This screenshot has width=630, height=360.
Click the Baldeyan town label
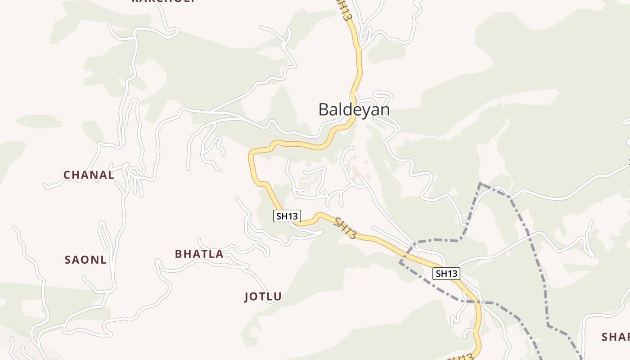point(354,109)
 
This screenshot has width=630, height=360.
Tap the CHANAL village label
point(89,175)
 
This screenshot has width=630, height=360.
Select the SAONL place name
point(85,260)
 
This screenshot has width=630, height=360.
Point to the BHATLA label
point(199,254)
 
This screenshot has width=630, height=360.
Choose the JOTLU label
point(263,297)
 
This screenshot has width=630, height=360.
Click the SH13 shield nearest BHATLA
point(287,216)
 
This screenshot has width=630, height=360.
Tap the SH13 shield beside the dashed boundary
point(446,273)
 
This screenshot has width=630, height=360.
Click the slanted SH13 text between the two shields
point(346,228)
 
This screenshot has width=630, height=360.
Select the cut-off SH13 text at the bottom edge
point(461,357)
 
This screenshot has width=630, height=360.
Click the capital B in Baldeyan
point(324,109)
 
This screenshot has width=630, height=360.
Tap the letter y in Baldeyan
point(361,111)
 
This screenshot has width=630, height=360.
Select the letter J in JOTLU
point(247,297)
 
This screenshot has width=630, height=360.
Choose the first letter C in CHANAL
point(67,175)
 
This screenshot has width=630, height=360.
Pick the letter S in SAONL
point(68,260)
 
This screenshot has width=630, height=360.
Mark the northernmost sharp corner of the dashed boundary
point(481,184)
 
